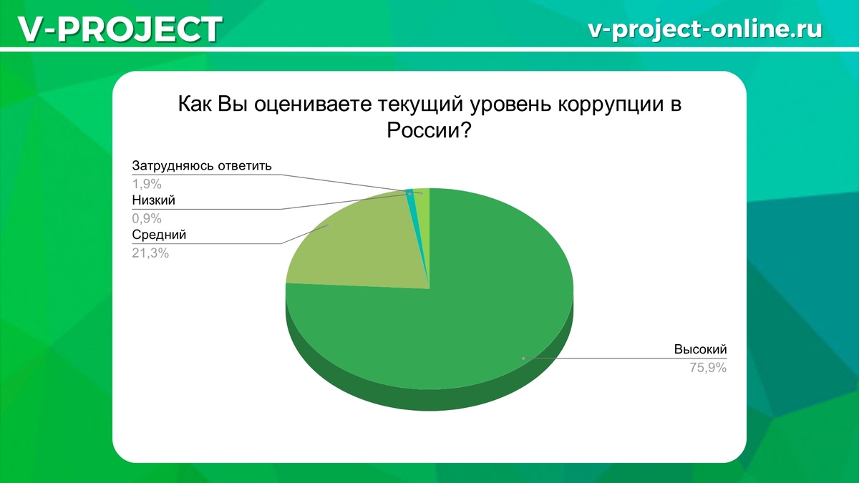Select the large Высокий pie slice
[458, 315]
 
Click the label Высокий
[700, 350]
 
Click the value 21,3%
[150, 253]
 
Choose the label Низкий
[153, 200]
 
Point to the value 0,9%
[147, 218]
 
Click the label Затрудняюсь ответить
[203, 166]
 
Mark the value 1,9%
[147, 184]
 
